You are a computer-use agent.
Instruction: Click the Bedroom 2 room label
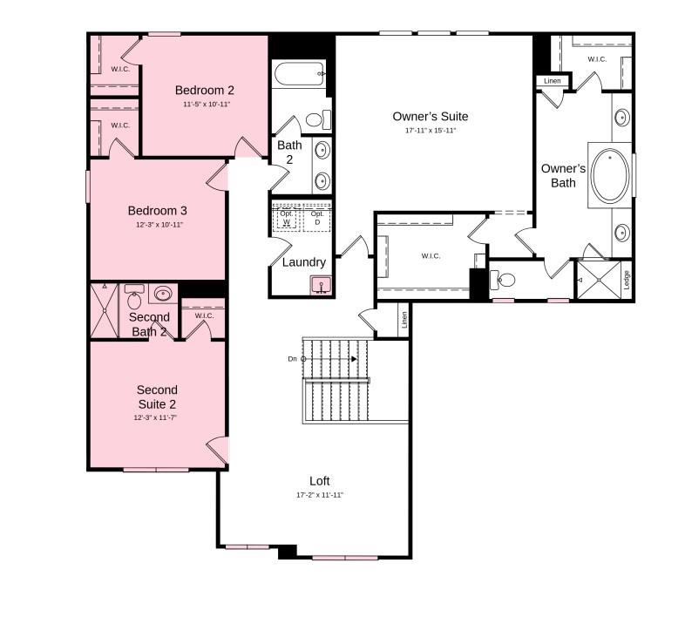tap(204, 90)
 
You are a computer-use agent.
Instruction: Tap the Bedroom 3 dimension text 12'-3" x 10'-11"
tap(158, 225)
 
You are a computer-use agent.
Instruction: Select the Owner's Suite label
tap(430, 116)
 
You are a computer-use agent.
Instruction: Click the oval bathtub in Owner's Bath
tap(610, 176)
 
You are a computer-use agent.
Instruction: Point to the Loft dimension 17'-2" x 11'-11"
tap(320, 495)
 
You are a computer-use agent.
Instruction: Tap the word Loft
tap(320, 481)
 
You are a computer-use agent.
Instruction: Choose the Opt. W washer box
tap(287, 218)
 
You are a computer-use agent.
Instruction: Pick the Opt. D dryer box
tap(317, 218)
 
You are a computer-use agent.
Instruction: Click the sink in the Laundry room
tap(321, 284)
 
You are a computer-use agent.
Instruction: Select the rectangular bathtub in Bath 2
tap(299, 74)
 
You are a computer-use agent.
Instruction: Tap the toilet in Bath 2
tap(316, 119)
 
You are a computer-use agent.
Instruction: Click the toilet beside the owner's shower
tap(504, 280)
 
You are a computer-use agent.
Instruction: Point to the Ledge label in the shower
tap(626, 280)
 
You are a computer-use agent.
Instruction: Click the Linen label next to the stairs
tap(404, 321)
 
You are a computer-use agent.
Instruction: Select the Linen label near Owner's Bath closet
tap(553, 81)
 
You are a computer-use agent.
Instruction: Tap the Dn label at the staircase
tap(292, 359)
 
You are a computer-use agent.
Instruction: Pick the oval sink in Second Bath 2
tap(163, 294)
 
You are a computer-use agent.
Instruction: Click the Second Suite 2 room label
tap(157, 396)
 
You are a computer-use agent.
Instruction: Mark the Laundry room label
tap(304, 262)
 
